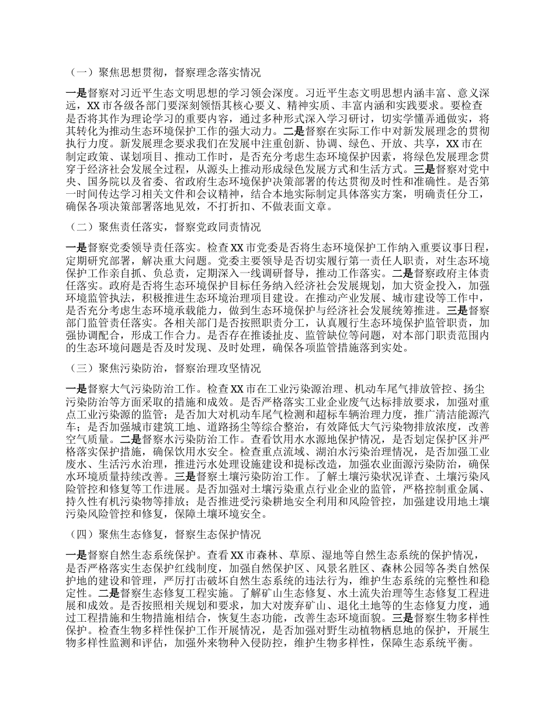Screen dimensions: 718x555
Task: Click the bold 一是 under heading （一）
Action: (x=77, y=92)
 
